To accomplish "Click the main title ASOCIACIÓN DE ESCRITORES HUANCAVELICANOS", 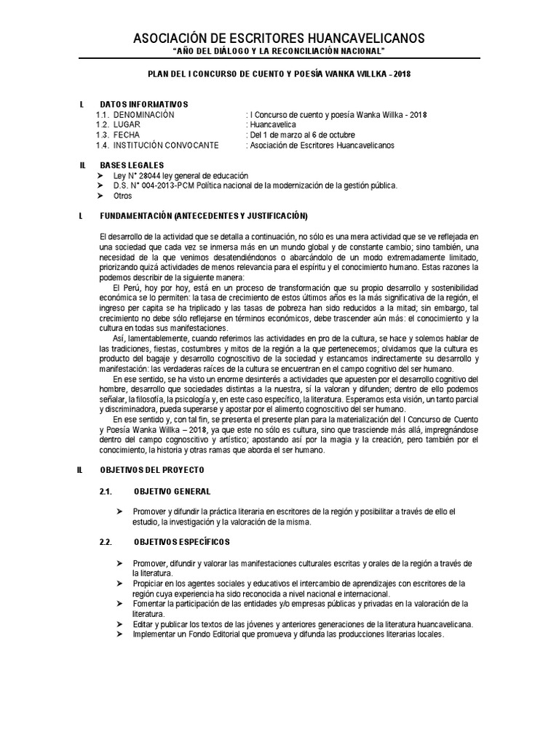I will tap(279, 38).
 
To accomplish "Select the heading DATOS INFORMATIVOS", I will tap(143, 104).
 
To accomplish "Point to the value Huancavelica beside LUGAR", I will tap(273, 125).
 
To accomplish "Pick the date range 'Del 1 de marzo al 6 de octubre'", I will tap(302, 135).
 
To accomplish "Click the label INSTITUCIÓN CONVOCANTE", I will tap(165, 146).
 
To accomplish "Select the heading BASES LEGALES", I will tap(132, 165).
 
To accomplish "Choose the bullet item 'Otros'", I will tap(123, 196).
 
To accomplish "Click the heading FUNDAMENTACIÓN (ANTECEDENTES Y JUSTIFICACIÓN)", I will tap(204, 216).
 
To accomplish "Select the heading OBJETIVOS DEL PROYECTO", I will tap(152, 471).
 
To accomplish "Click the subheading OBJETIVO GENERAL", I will tap(173, 492).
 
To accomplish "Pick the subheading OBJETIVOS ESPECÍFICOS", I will tap(182, 542).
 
